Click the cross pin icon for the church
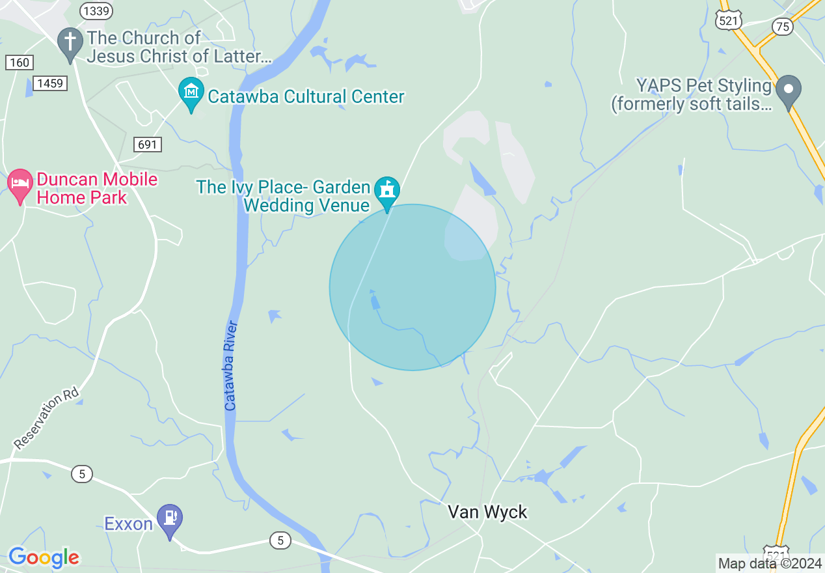pyautogui.click(x=70, y=42)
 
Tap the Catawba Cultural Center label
pyautogui.click(x=306, y=97)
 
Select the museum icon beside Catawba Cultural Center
pyautogui.click(x=191, y=92)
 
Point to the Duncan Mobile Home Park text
pyautogui.click(x=97, y=188)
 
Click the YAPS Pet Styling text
pyautogui.click(x=691, y=94)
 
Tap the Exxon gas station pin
pyautogui.click(x=170, y=519)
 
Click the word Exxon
pyautogui.click(x=128, y=524)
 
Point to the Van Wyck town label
pyautogui.click(x=487, y=512)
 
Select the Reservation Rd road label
pyautogui.click(x=46, y=419)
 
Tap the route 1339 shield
pyautogui.click(x=96, y=10)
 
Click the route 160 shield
pyautogui.click(x=20, y=62)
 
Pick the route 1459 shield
pyautogui.click(x=49, y=83)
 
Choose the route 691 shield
pyautogui.click(x=148, y=144)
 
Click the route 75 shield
pyautogui.click(x=783, y=26)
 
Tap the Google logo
pyautogui.click(x=44, y=557)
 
